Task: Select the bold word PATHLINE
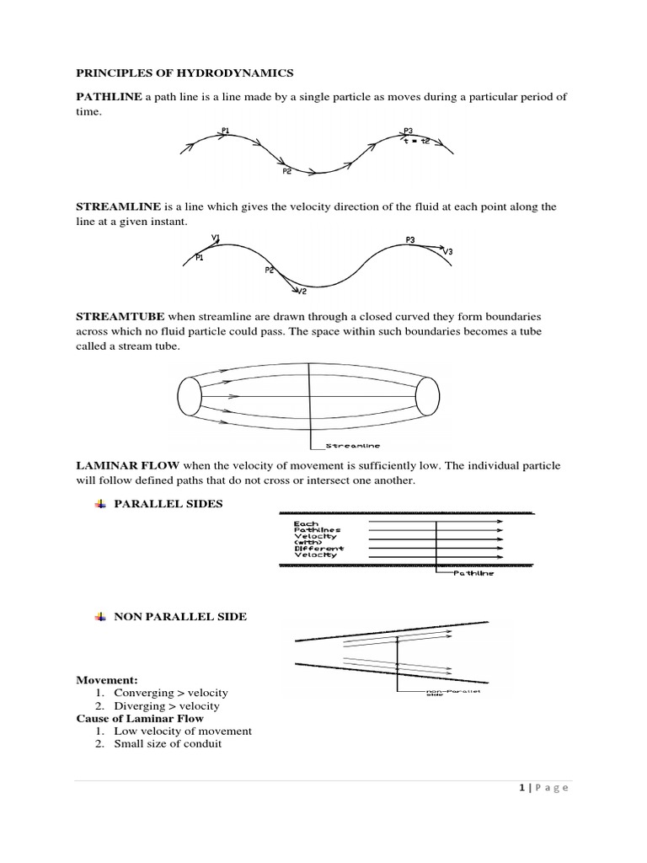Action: pos(110,97)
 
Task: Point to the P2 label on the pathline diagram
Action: pos(286,171)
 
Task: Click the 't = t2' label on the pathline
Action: pos(417,141)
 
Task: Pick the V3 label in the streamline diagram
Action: pos(446,252)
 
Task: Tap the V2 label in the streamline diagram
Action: pos(302,292)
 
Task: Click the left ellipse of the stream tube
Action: pos(190,394)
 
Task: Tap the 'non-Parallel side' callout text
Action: pos(442,693)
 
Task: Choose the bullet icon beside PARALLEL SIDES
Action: pos(99,504)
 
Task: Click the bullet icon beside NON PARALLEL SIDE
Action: pos(99,617)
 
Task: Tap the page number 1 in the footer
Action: pos(522,788)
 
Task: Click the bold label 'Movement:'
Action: pos(107,680)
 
